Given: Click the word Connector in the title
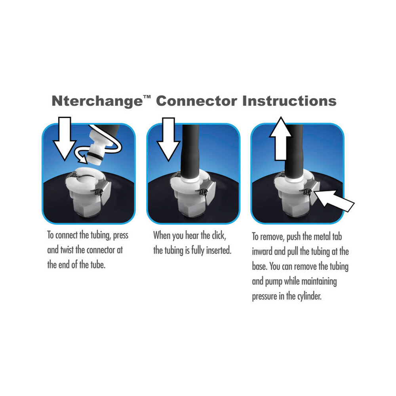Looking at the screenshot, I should (196, 101).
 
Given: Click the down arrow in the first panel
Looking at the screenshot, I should (65, 139).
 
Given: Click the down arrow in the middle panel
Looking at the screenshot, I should (168, 139).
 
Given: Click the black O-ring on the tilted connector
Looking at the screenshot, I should (96, 156).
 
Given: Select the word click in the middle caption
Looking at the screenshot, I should (216, 236).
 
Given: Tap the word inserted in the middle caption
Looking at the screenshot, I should (217, 251).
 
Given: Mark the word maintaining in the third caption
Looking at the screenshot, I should (320, 282).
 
